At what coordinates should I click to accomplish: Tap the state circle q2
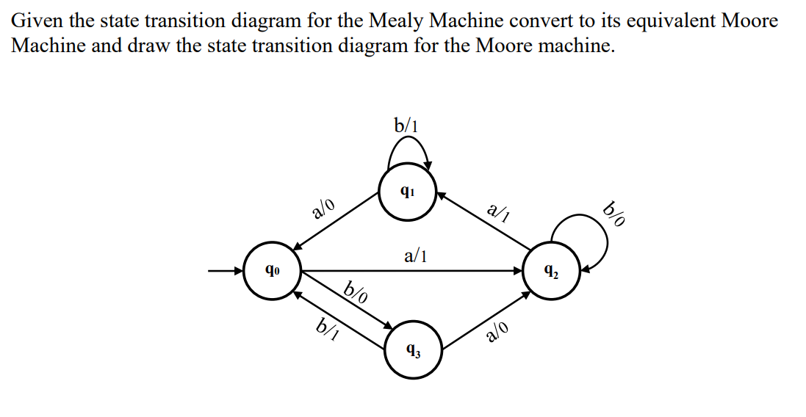[x=551, y=272]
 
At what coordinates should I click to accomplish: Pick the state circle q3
[x=413, y=351]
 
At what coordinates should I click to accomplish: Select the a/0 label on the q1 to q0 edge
[x=324, y=209]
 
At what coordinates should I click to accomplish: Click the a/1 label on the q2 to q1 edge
[x=499, y=214]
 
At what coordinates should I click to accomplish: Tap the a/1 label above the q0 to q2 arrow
[x=416, y=256]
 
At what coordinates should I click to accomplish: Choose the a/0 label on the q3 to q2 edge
[x=497, y=333]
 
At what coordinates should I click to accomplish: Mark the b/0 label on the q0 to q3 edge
[x=356, y=293]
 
